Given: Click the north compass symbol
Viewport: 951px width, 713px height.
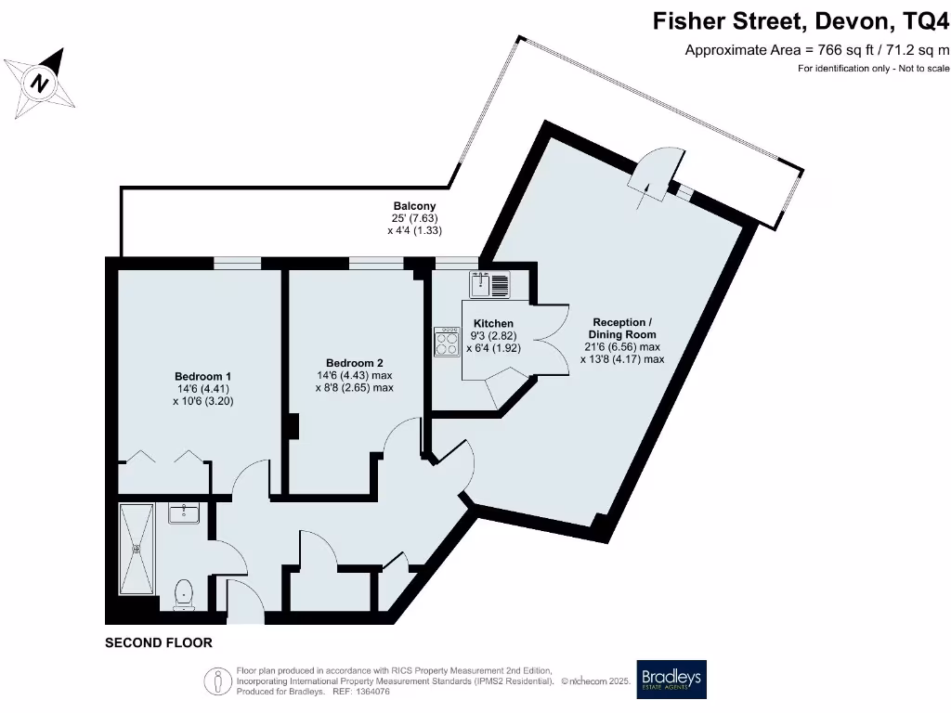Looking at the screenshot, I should (x=38, y=82).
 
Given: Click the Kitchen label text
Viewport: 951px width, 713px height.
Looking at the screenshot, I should (x=493, y=324).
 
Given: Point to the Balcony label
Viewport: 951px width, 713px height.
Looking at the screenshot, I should (x=414, y=206).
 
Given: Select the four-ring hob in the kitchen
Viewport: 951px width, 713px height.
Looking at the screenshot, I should (x=446, y=344).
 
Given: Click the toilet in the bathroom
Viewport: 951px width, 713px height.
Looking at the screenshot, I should (x=184, y=592).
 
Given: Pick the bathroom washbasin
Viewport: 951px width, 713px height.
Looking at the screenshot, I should (x=185, y=512).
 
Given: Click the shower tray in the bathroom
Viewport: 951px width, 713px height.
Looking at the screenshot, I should (x=137, y=548).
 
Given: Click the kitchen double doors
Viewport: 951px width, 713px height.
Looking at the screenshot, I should (x=548, y=340).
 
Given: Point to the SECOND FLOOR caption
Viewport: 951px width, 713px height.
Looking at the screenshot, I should (x=159, y=642).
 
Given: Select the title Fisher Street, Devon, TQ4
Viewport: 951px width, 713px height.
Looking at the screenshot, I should (x=801, y=20).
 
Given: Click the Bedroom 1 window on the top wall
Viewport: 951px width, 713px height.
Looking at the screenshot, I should (x=237, y=264).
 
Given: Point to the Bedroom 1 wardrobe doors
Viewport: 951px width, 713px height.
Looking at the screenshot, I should (x=164, y=458).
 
